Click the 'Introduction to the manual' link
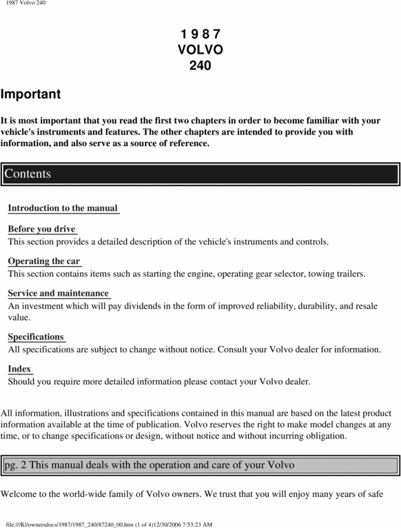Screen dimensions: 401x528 [x=63, y=208]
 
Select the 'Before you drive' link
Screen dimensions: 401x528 [x=41, y=229]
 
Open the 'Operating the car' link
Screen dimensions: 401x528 [x=44, y=261]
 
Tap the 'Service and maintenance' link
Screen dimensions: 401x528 [x=59, y=294]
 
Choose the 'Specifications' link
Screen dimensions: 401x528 [x=36, y=337]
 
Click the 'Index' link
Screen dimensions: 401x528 [x=20, y=369]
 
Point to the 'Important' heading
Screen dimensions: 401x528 [x=31, y=94]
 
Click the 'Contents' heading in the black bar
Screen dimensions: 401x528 [x=28, y=174]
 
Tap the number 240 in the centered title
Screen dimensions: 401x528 [x=200, y=67]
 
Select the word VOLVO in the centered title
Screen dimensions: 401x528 [x=200, y=50]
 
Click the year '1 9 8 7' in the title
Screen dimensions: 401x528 [x=200, y=34]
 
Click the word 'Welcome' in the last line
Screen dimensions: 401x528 [x=23, y=494]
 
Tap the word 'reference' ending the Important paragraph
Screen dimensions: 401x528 [x=183, y=143]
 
